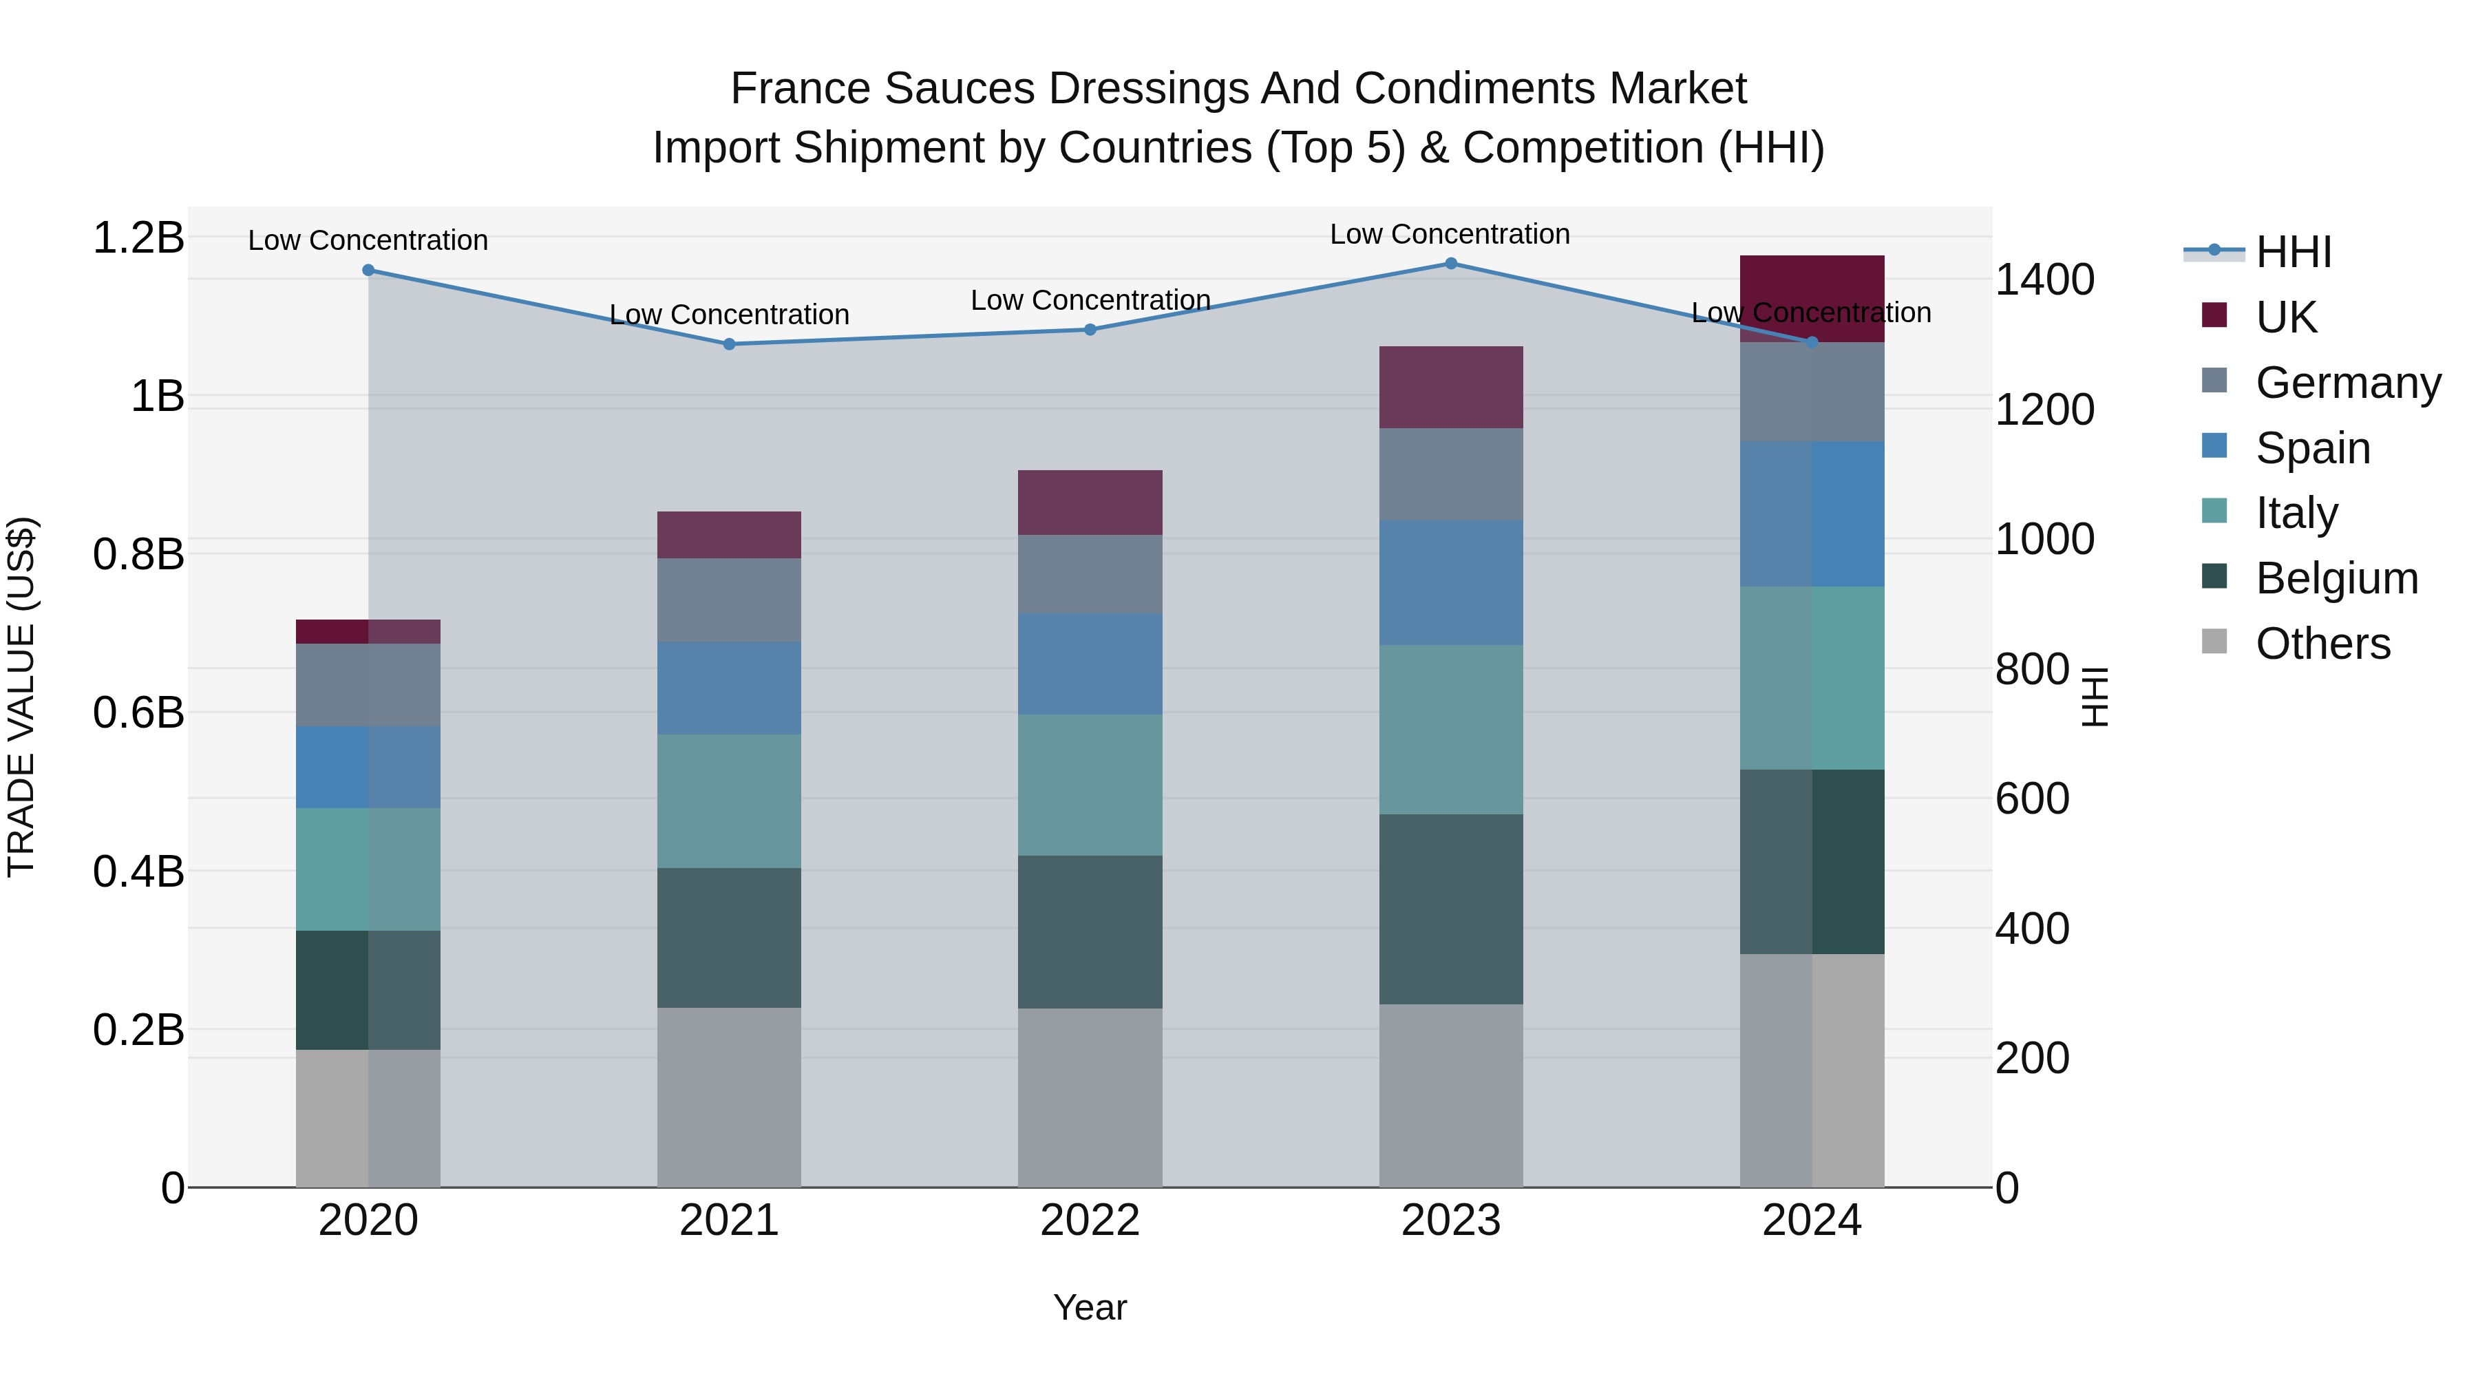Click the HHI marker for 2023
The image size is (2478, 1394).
pyautogui.click(x=1450, y=264)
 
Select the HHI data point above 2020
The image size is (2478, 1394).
pyautogui.click(x=368, y=271)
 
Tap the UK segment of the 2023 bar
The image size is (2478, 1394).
pyautogui.click(x=1450, y=387)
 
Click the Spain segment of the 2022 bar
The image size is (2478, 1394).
pyautogui.click(x=1090, y=664)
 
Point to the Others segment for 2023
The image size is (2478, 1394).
pyautogui.click(x=1450, y=1096)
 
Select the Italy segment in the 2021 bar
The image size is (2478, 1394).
pyautogui.click(x=729, y=801)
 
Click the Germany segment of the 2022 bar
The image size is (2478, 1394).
pyautogui.click(x=1090, y=574)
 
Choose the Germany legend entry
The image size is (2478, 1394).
pyautogui.click(x=2347, y=383)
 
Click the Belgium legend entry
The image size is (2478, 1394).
pyautogui.click(x=2336, y=578)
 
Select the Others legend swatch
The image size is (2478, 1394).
pyautogui.click(x=2214, y=642)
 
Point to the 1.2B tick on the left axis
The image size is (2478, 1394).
pyautogui.click(x=138, y=237)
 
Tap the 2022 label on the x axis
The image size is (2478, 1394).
pyautogui.click(x=1090, y=1221)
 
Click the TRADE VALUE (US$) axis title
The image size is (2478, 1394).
pyautogui.click(x=21, y=697)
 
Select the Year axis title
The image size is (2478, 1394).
pyautogui.click(x=1090, y=1307)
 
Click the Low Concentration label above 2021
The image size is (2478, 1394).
pyautogui.click(x=729, y=315)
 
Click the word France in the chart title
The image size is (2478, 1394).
pyautogui.click(x=801, y=89)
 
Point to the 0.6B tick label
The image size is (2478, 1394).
pyautogui.click(x=138, y=713)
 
